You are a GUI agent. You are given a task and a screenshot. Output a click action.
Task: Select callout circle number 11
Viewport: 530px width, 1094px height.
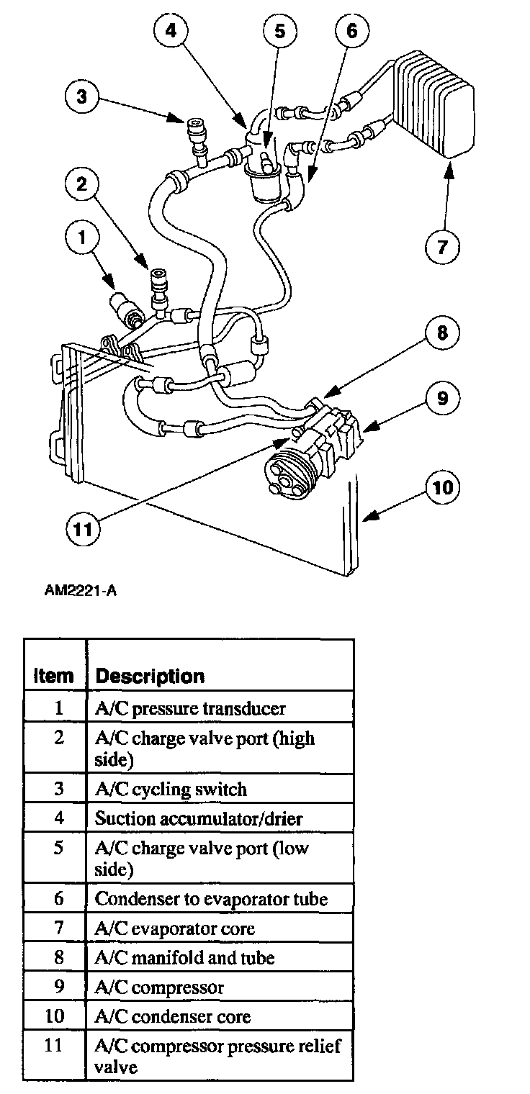tap(85, 529)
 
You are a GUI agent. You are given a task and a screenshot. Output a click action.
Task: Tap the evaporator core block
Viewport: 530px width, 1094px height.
tap(432, 104)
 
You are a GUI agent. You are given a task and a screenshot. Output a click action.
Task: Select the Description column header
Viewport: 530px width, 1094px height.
tap(150, 677)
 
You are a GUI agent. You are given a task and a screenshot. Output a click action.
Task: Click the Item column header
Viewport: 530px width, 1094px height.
tap(54, 677)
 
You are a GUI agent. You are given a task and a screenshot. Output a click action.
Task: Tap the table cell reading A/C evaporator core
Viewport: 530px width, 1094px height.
tap(175, 928)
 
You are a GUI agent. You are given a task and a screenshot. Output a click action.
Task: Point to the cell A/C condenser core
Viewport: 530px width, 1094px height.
tap(173, 1016)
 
